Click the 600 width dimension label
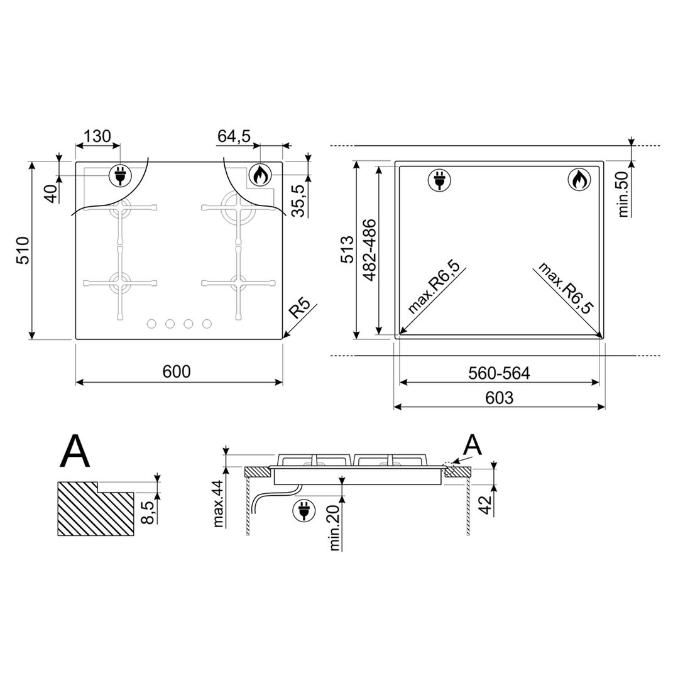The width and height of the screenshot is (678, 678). (x=177, y=371)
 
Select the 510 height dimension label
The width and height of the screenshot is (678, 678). (x=22, y=250)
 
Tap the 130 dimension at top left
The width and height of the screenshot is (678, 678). (x=97, y=136)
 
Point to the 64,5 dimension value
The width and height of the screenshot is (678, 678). (x=234, y=136)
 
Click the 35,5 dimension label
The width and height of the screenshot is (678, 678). (x=298, y=200)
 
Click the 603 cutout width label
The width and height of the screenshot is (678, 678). (x=499, y=397)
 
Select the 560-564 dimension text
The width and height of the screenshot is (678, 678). (x=499, y=373)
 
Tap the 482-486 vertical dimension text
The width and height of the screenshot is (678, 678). (x=369, y=250)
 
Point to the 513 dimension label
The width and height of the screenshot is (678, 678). (x=347, y=250)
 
